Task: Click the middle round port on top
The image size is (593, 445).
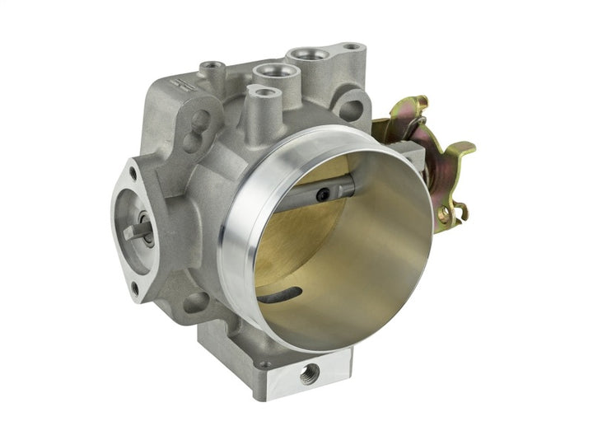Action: tap(268, 73)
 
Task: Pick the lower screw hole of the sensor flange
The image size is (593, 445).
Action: tap(134, 289)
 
